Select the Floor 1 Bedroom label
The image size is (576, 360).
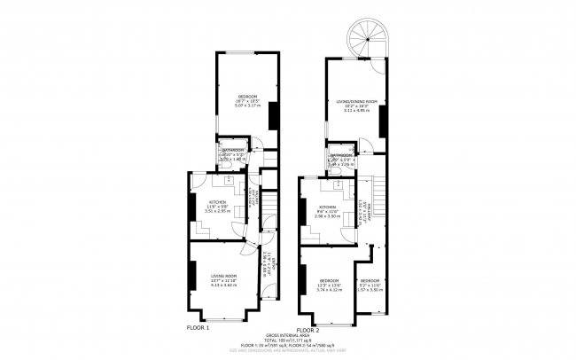coord(247,96)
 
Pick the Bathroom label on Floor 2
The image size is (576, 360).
coord(342,155)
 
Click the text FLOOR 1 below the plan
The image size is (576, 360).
coord(198,328)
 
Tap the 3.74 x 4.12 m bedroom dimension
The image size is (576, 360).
coord(329,290)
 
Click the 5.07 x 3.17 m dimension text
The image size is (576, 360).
coord(247,106)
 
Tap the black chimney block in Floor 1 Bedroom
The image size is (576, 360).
coord(272,115)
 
